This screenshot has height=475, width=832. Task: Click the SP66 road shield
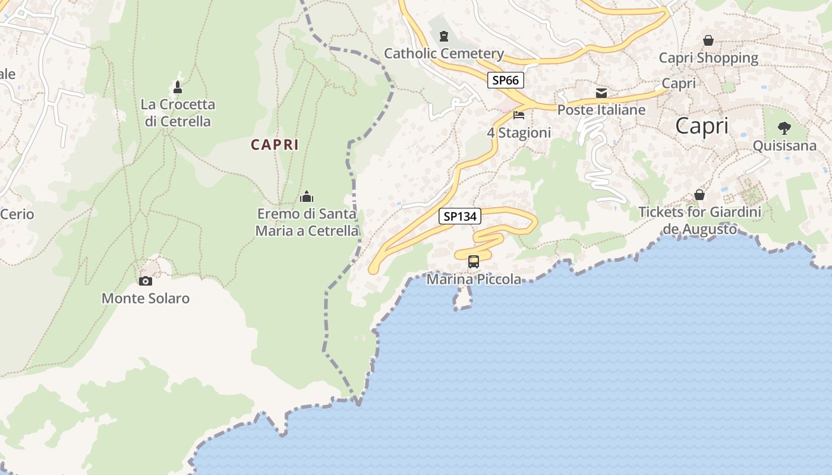click(x=506, y=80)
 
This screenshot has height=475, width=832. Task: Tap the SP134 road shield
click(x=460, y=216)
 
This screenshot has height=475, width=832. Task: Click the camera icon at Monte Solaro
click(x=146, y=281)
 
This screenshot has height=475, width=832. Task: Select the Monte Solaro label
click(x=146, y=298)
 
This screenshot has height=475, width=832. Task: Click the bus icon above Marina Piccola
click(x=474, y=261)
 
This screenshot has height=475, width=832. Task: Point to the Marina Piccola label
click(x=474, y=279)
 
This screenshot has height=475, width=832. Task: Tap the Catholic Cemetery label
click(x=444, y=53)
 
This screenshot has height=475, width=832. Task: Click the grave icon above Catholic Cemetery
click(x=443, y=37)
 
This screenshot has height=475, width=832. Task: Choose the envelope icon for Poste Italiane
click(x=601, y=93)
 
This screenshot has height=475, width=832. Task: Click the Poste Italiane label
click(x=601, y=110)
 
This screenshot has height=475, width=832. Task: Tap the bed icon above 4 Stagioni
click(x=519, y=115)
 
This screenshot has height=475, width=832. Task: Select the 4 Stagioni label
click(x=519, y=132)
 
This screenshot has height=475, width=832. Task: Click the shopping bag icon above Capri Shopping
click(x=708, y=40)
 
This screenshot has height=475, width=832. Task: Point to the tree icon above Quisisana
click(x=784, y=128)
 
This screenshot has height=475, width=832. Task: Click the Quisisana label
click(x=784, y=145)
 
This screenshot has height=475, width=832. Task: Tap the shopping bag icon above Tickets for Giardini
click(x=700, y=195)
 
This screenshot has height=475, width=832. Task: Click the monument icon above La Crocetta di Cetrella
click(x=177, y=87)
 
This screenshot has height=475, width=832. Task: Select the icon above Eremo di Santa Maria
click(x=307, y=197)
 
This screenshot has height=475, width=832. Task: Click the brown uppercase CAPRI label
click(x=275, y=144)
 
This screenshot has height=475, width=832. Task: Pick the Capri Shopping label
click(x=708, y=58)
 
